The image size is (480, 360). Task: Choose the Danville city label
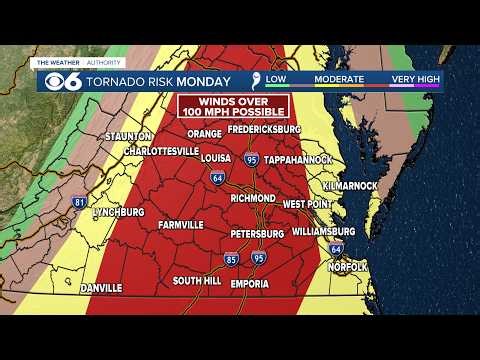click(x=100, y=287)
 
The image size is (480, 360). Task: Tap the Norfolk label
click(x=348, y=267)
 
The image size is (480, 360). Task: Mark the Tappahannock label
click(x=305, y=158)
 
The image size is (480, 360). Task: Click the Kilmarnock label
click(x=349, y=186)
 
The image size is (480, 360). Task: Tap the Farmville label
click(x=180, y=224)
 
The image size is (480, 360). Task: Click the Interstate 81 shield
click(x=80, y=202)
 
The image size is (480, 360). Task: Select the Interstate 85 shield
click(x=231, y=259)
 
